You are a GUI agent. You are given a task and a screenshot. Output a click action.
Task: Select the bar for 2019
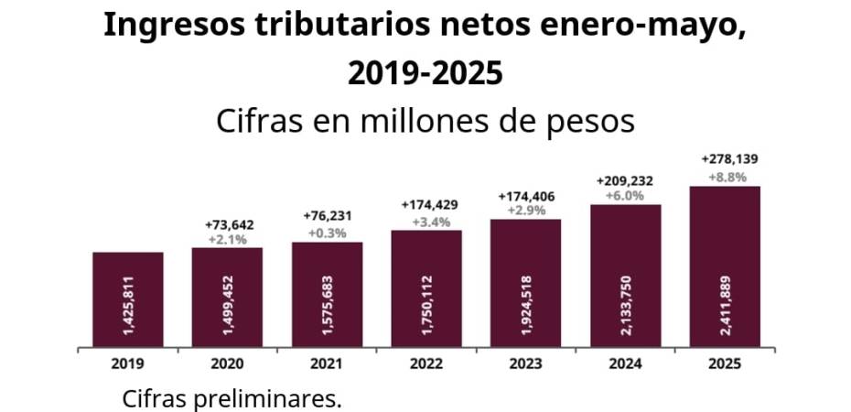click(128, 300)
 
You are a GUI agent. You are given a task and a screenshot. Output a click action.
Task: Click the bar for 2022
click(426, 289)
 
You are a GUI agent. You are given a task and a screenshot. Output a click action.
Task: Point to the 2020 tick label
click(227, 363)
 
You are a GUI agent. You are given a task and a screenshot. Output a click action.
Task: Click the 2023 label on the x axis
click(525, 363)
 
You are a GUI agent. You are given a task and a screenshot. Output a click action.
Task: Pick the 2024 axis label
click(625, 363)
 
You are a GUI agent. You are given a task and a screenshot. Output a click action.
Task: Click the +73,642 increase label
click(227, 225)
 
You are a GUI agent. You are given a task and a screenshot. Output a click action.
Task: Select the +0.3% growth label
click(327, 233)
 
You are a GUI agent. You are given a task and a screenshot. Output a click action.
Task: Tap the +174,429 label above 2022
click(426, 204)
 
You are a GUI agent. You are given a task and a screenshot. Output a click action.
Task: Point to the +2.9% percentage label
click(525, 210)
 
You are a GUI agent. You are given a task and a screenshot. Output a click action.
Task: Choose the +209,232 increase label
click(625, 181)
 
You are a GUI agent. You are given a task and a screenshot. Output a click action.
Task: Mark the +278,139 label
click(725, 157)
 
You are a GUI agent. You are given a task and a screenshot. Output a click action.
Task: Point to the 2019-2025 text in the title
click(425, 72)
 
